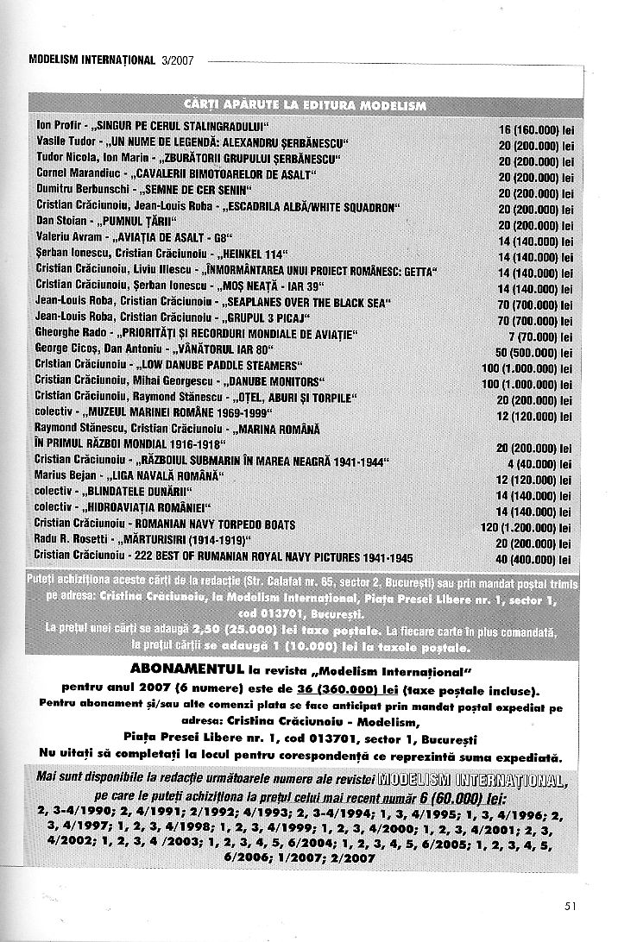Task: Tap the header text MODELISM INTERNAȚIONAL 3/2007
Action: coord(111,61)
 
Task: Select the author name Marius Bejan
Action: coord(63,476)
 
